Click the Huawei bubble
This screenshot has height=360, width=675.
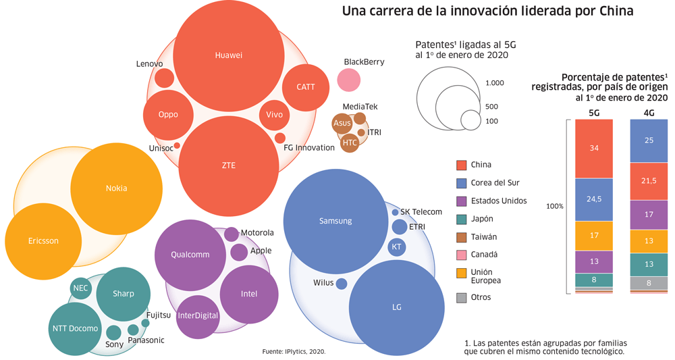228,55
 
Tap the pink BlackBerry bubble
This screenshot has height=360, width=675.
349,80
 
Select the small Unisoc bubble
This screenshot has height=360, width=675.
177,145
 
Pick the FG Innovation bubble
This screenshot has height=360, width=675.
279,138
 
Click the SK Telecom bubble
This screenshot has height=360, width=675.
395,212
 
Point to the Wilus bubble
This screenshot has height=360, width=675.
342,284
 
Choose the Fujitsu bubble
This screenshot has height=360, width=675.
145,323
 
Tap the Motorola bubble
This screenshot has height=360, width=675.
231,234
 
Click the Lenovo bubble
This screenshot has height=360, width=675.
164,78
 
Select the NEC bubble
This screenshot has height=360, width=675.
80,288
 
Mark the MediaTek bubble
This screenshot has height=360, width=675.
360,118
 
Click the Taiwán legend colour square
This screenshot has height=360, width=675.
462,237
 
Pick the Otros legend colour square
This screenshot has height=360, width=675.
462,297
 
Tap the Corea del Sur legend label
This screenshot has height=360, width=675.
495,183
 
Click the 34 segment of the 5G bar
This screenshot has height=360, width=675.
594,149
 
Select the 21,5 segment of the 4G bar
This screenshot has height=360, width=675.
649,181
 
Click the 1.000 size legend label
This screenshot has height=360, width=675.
495,83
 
